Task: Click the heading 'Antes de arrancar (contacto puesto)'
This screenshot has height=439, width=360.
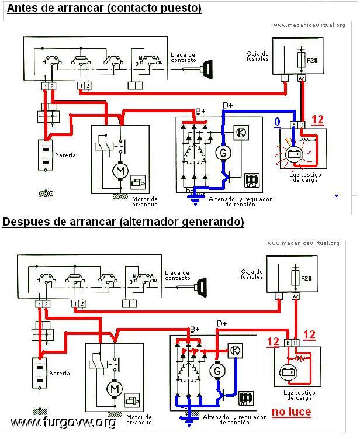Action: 102,8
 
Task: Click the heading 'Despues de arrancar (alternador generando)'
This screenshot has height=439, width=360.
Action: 123,222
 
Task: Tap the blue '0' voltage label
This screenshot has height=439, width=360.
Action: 278,121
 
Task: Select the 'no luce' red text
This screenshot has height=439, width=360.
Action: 290,412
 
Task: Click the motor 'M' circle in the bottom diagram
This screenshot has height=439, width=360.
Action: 113,389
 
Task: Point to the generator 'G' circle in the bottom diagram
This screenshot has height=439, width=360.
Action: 217,371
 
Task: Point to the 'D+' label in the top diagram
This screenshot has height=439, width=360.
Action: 227,105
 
